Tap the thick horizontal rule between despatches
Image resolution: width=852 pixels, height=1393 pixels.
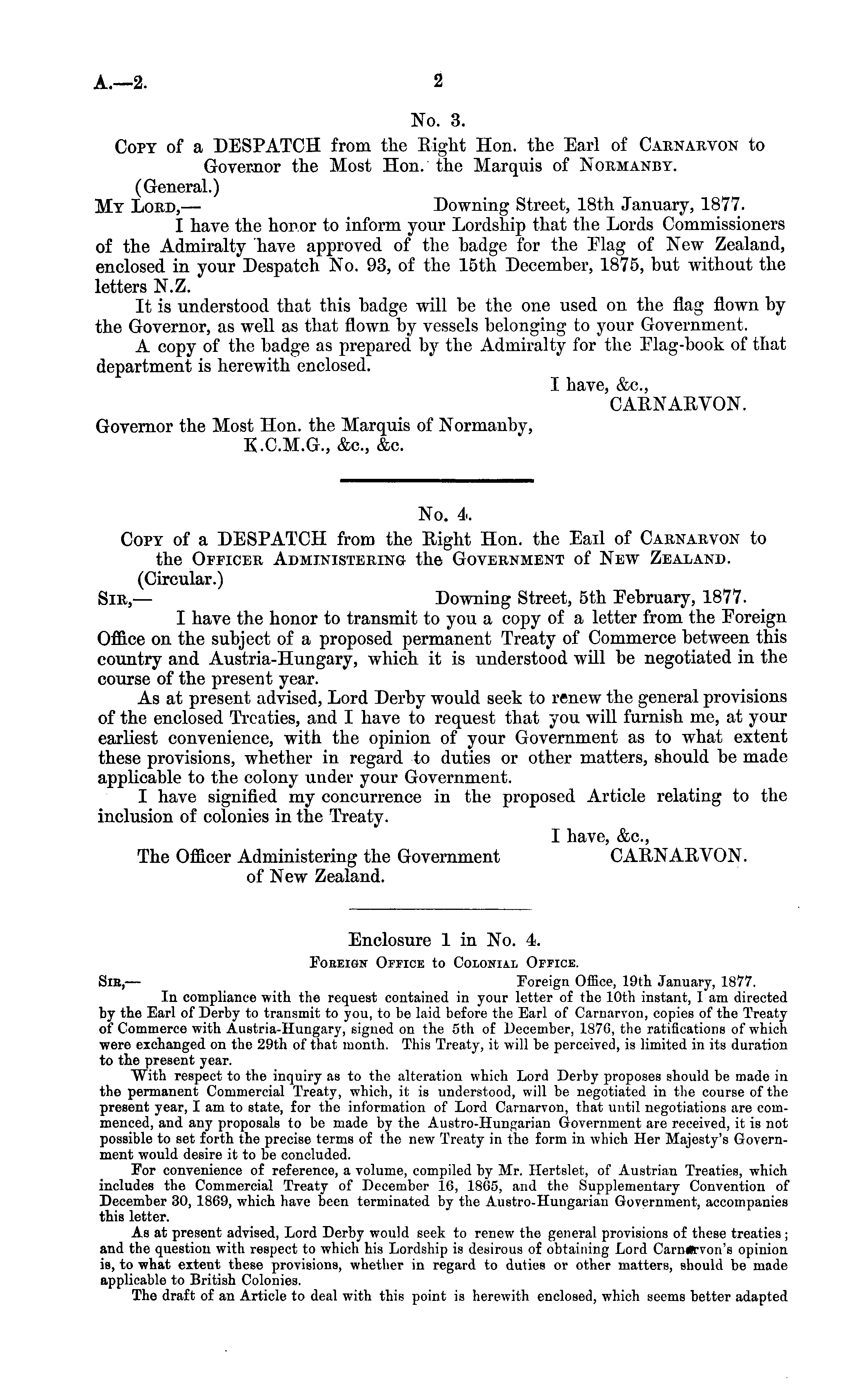(436, 480)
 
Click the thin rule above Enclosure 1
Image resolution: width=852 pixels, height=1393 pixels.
(441, 909)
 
